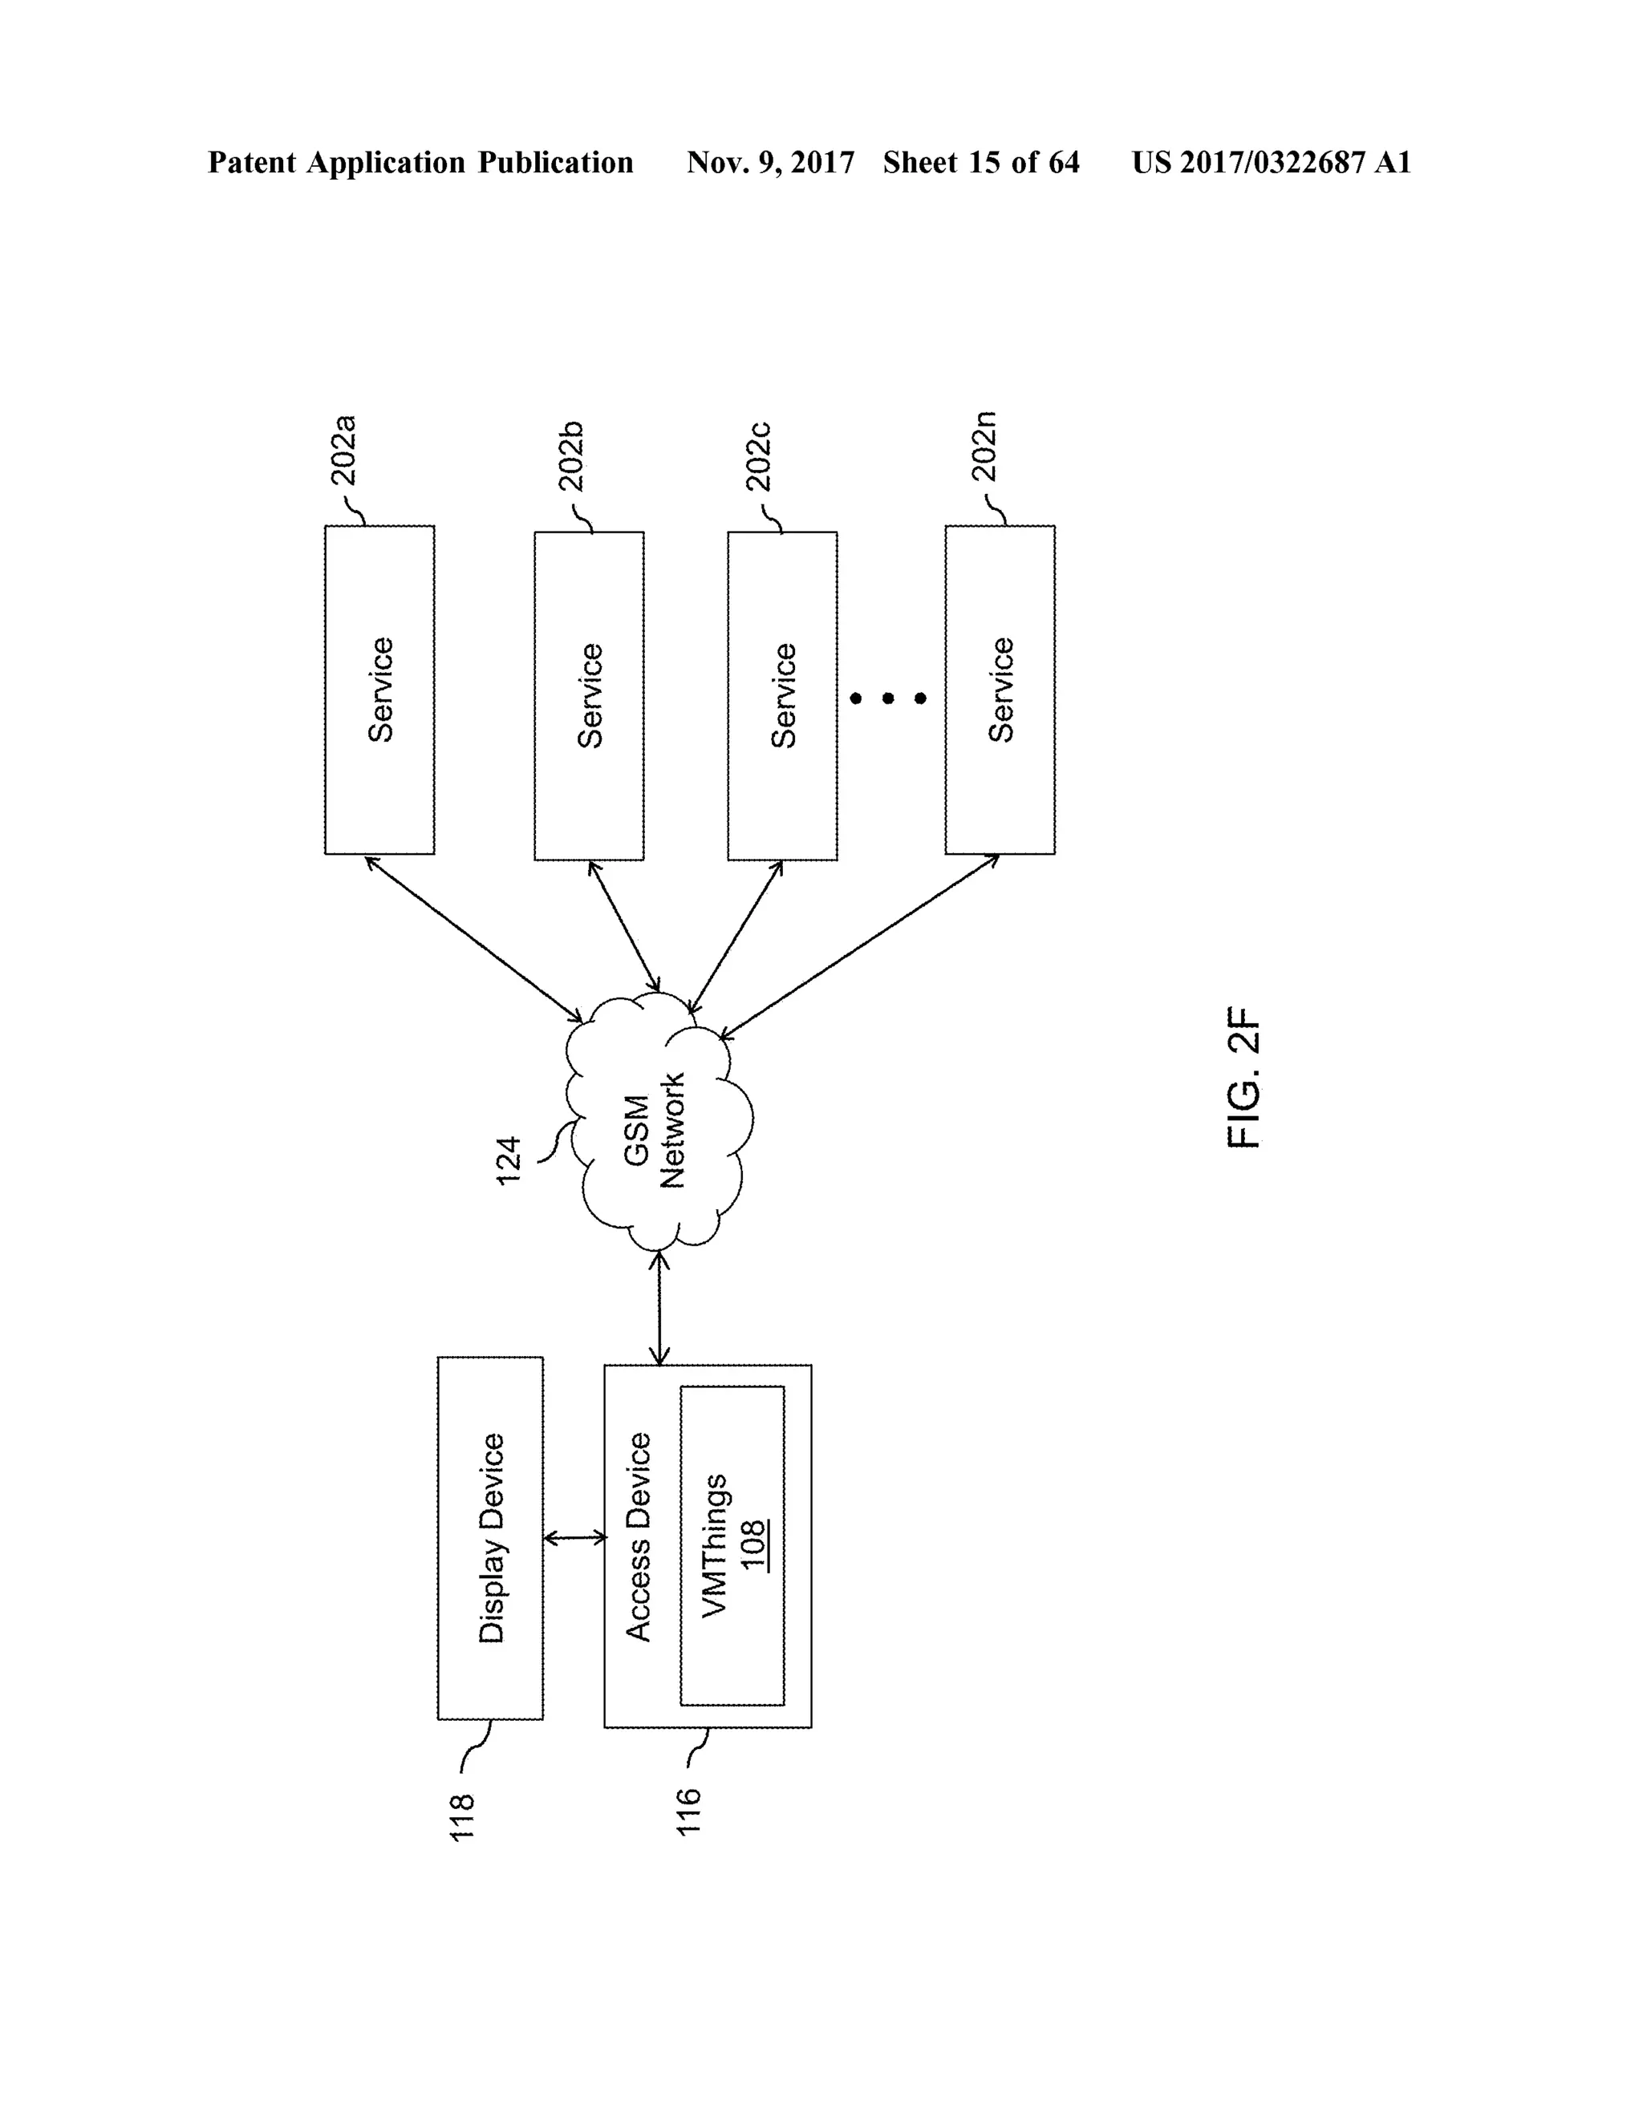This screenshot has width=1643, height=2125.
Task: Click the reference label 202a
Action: click(x=343, y=451)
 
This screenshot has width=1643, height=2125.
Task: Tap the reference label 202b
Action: click(x=571, y=455)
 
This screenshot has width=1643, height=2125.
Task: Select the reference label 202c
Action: click(x=758, y=455)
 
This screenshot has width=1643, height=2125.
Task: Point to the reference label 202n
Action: click(x=984, y=447)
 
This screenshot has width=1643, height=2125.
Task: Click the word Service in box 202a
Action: click(x=380, y=690)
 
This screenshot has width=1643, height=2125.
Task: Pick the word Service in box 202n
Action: click(x=1000, y=690)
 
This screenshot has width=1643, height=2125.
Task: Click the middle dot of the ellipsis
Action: click(x=888, y=698)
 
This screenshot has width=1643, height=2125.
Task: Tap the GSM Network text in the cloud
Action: click(x=654, y=1131)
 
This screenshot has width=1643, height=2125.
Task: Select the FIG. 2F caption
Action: click(x=1244, y=1077)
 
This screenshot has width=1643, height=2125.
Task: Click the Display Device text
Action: click(x=492, y=1538)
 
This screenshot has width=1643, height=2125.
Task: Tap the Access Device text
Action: click(x=638, y=1537)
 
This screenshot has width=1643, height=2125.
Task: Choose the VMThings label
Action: click(x=715, y=1546)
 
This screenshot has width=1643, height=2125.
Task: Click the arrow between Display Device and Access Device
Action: click(x=574, y=1538)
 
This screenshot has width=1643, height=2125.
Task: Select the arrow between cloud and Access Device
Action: click(x=660, y=1308)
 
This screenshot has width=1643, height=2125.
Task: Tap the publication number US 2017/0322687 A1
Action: click(x=1272, y=163)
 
